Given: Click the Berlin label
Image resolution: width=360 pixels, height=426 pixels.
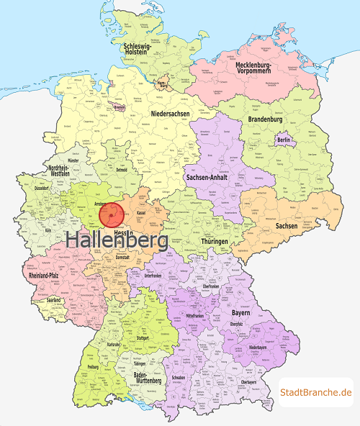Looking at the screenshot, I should tap(283, 139).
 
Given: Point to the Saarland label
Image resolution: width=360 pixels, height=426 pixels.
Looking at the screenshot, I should tap(53, 300).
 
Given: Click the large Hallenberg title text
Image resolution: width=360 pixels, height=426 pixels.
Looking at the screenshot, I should tap(117, 242).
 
